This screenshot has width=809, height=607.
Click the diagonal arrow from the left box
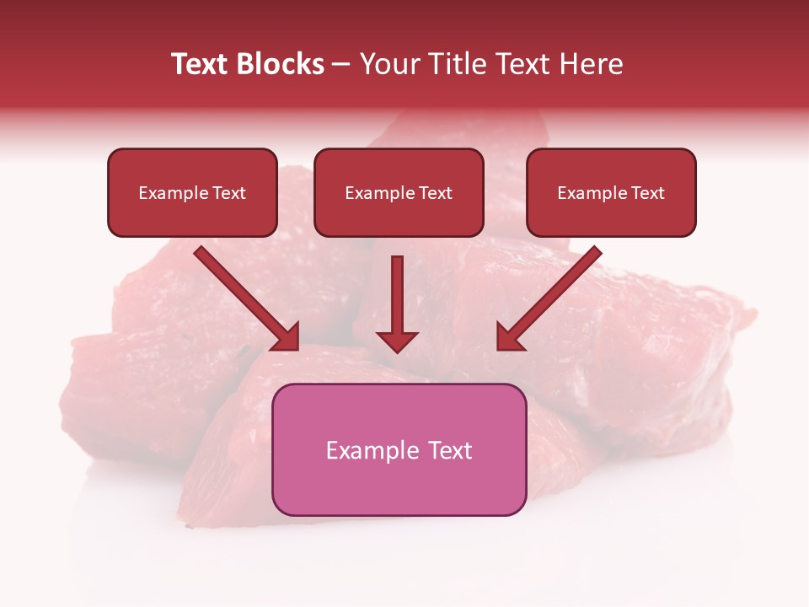point(247,298)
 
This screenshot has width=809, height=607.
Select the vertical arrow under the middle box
point(397,303)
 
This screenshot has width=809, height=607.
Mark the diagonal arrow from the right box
point(549,298)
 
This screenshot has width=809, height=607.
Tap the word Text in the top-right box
point(647,193)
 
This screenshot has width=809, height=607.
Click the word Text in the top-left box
point(229,193)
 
